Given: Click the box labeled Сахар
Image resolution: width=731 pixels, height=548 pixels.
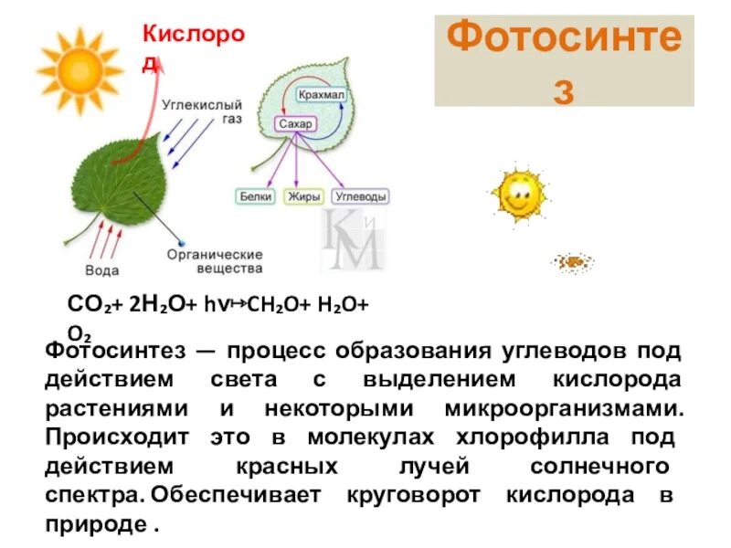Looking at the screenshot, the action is coord(296,124).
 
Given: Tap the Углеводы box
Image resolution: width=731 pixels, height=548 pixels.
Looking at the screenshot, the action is coord(360,196).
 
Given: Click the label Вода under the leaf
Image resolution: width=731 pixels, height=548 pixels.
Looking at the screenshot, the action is coord(101,270).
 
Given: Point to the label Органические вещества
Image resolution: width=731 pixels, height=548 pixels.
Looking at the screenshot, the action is coord(215,261).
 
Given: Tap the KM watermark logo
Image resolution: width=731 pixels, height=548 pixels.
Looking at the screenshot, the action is coord(352,239).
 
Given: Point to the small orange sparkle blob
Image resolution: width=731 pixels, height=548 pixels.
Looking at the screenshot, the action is coord(573,263).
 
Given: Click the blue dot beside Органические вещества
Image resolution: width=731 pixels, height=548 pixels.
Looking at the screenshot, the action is coord(181,244).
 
